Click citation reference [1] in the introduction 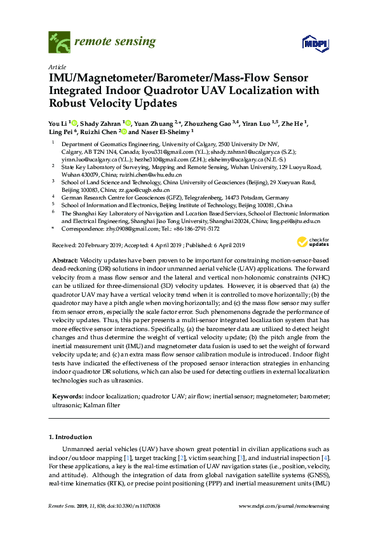(130, 457)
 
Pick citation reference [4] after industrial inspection (325, 457)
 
